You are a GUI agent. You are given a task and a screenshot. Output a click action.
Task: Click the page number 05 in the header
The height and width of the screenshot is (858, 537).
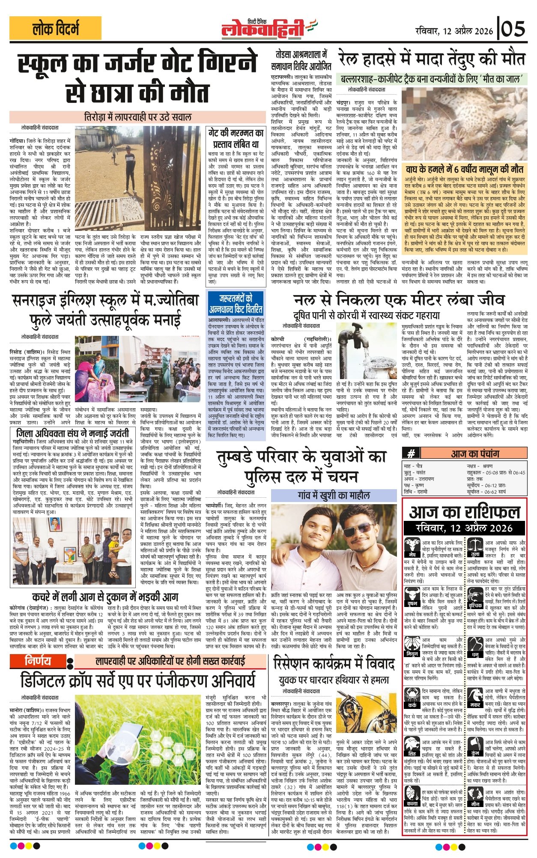click(x=513, y=30)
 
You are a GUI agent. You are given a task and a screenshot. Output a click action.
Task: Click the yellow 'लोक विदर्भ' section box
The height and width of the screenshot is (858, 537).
click(x=56, y=28)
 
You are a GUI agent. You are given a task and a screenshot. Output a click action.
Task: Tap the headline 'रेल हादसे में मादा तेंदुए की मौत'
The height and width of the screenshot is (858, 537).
click(x=432, y=59)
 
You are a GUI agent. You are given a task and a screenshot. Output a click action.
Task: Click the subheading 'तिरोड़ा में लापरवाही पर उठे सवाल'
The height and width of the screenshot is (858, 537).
click(x=137, y=117)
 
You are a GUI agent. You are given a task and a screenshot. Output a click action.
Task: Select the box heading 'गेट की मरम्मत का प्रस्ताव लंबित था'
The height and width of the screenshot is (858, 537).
click(x=236, y=138)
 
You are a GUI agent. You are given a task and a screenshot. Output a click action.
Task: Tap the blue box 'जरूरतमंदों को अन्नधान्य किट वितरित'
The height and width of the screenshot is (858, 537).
click(x=236, y=303)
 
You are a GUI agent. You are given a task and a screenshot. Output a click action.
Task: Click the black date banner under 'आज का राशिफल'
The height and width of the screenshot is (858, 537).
click(x=464, y=528)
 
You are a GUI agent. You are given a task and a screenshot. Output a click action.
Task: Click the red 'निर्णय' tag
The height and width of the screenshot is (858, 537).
click(x=38, y=661)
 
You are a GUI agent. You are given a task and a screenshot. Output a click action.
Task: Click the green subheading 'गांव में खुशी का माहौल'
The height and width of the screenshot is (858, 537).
click(x=334, y=495)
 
